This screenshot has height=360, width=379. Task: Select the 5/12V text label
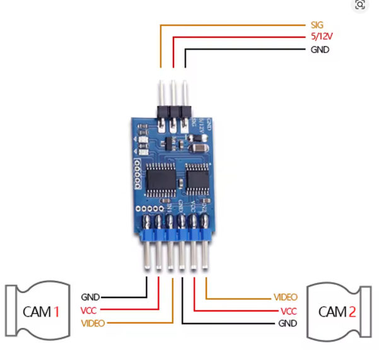(320, 37)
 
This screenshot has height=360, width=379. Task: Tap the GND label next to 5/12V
(319, 49)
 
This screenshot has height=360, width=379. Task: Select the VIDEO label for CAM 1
(94, 323)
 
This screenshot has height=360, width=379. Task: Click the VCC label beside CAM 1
(89, 310)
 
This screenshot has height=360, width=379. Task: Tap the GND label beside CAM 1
(90, 296)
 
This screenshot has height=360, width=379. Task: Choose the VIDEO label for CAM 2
(286, 297)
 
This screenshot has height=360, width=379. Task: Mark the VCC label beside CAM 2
(289, 311)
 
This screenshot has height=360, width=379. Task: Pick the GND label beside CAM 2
(288, 323)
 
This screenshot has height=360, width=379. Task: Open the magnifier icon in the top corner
(360, 6)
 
